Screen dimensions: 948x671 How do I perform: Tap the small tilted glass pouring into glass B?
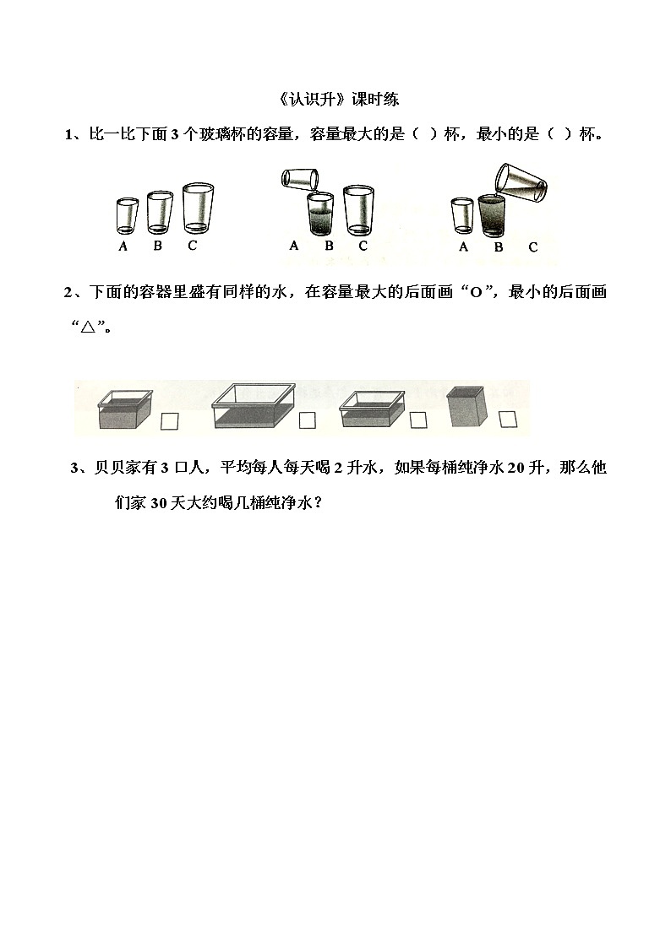click(x=301, y=179)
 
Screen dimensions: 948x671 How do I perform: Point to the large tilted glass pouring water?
click(x=519, y=181)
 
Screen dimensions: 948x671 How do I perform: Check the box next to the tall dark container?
click(x=507, y=419)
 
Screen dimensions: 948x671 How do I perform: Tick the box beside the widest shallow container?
click(x=307, y=420)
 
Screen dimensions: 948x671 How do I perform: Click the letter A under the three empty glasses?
click(x=123, y=246)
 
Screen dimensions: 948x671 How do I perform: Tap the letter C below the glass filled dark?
click(x=532, y=247)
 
